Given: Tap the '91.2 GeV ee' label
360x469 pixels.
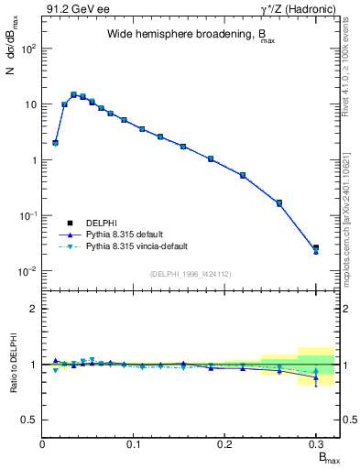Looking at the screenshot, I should (x=75, y=9).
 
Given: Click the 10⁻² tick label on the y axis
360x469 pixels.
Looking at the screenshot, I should (x=28, y=271).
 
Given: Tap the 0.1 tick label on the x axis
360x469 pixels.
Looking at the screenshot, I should (x=135, y=444).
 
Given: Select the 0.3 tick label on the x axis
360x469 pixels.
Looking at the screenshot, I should (x=316, y=444).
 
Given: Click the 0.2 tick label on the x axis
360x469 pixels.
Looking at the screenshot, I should (x=225, y=444).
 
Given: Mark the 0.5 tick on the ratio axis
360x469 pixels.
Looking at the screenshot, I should (x=32, y=420).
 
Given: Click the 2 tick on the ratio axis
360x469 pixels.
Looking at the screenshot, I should (x=35, y=309).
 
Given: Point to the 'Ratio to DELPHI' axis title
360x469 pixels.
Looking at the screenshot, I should (x=12, y=364).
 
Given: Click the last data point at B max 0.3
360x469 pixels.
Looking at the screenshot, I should (x=316, y=248).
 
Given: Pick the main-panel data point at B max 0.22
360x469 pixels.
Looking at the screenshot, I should (x=243, y=175).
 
